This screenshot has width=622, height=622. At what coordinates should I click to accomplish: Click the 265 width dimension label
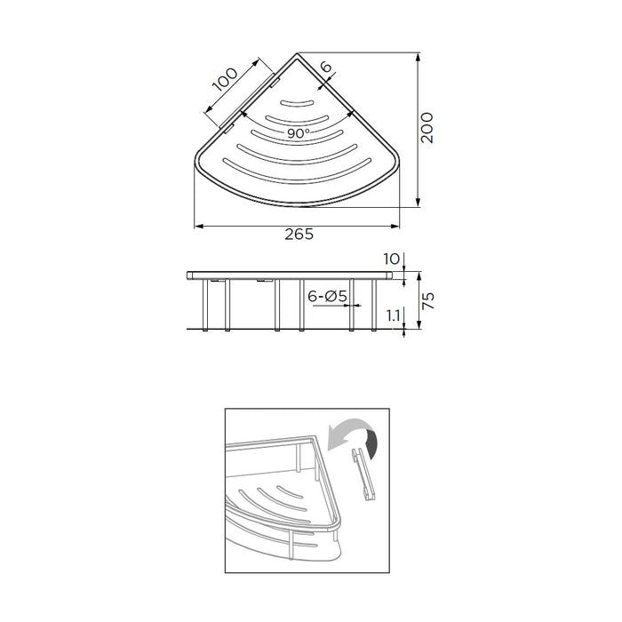pyautogui.click(x=299, y=234)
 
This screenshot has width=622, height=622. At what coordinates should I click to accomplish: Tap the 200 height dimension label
pyautogui.click(x=427, y=128)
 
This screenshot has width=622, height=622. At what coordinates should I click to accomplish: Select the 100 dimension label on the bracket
pyautogui.click(x=225, y=79)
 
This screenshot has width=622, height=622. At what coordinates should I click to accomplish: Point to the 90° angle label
pyautogui.click(x=299, y=133)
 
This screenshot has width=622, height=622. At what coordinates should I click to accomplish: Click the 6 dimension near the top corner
pyautogui.click(x=325, y=67)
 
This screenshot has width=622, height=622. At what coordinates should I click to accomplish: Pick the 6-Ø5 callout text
pyautogui.click(x=327, y=296)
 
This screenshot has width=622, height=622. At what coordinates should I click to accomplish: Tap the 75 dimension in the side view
pyautogui.click(x=428, y=300)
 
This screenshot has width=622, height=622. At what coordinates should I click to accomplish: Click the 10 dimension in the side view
pyautogui.click(x=391, y=259)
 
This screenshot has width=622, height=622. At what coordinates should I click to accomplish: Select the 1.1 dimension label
pyautogui.click(x=393, y=315)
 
